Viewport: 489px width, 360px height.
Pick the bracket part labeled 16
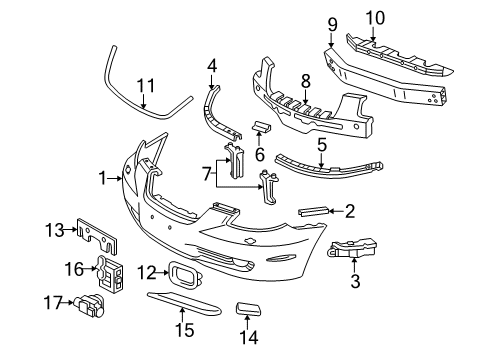click(109, 272)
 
